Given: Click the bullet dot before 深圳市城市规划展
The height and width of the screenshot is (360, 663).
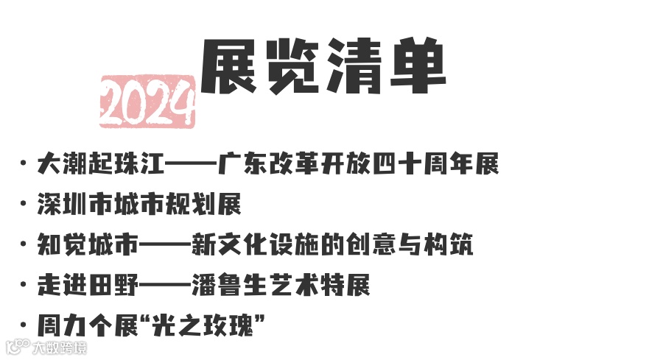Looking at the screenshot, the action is (25, 205).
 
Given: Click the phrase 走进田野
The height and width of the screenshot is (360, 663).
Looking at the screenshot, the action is (88, 286).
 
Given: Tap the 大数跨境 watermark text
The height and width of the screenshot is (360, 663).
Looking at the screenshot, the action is (59, 347).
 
